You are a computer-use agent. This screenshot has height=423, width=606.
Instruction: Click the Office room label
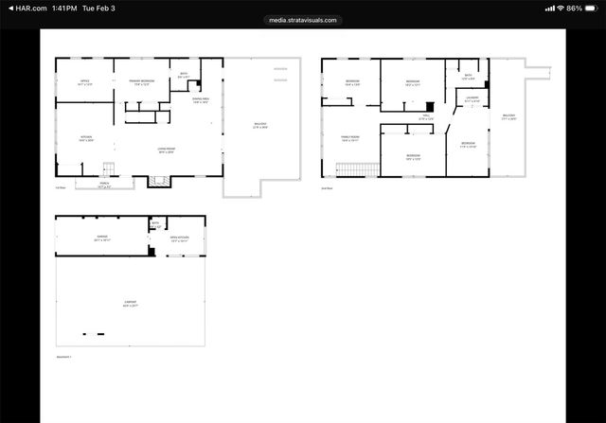(84, 82)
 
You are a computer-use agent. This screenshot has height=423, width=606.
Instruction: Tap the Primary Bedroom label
(141, 82)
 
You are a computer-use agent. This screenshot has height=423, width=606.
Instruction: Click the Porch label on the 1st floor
(104, 186)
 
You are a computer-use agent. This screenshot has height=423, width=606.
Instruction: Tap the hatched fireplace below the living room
(156, 182)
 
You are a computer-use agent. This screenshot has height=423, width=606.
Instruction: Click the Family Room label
(350, 138)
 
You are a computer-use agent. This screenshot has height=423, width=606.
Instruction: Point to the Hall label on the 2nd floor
(426, 119)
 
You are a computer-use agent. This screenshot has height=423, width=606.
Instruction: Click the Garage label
(101, 239)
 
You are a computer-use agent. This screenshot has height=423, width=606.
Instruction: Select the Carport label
(130, 305)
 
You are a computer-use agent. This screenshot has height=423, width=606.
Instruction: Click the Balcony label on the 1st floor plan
(259, 126)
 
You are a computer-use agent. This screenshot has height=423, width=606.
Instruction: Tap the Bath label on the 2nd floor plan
(469, 77)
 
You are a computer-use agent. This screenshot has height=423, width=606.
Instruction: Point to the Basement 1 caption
(63, 357)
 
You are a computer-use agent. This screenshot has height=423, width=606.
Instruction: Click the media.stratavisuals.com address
(302, 20)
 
